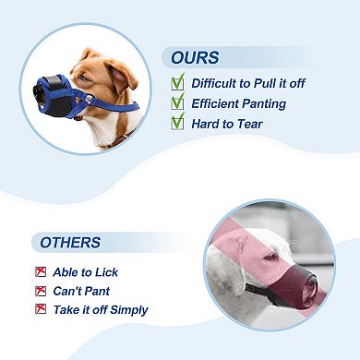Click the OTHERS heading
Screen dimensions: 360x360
pyautogui.click(x=66, y=243)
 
